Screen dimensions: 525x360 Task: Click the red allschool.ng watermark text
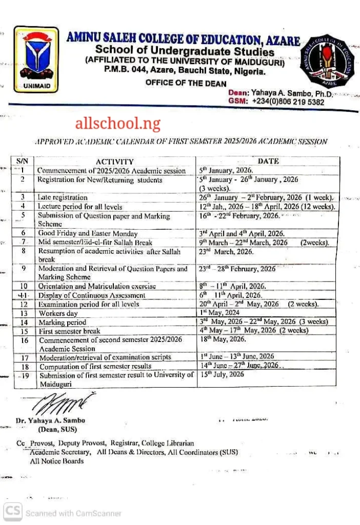[117, 123]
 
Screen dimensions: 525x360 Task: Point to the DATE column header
[268, 161]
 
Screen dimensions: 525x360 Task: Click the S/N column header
[23, 161]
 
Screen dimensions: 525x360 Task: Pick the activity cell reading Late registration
[63, 197]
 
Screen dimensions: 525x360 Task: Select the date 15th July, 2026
[222, 375]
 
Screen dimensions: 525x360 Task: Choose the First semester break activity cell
[69, 331]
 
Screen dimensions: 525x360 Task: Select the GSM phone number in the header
[288, 102]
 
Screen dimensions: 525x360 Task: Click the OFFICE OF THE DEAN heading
[186, 83]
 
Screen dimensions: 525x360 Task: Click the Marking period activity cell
[63, 322]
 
